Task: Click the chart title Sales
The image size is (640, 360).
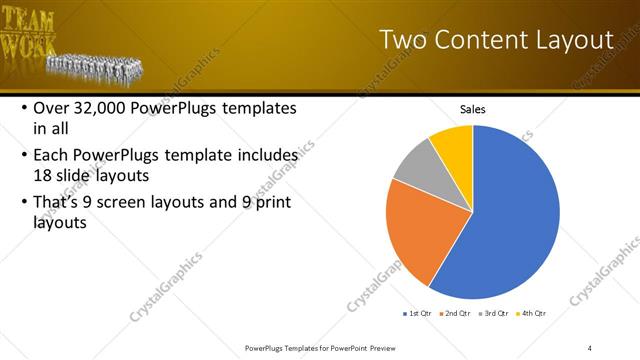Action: pyautogui.click(x=473, y=108)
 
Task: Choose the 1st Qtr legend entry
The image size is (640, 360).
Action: pyautogui.click(x=418, y=313)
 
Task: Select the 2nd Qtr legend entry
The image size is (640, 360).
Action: pyautogui.click(x=457, y=313)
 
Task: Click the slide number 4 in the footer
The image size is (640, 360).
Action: pyautogui.click(x=590, y=348)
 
